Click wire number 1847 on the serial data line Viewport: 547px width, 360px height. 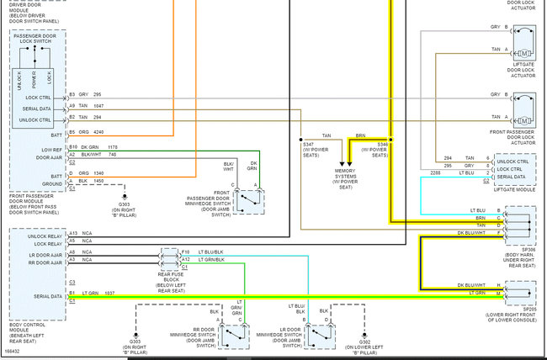(x=98, y=106)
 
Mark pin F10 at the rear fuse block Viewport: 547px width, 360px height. (x=185, y=251)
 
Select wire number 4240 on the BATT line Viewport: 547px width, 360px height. (x=98, y=131)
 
